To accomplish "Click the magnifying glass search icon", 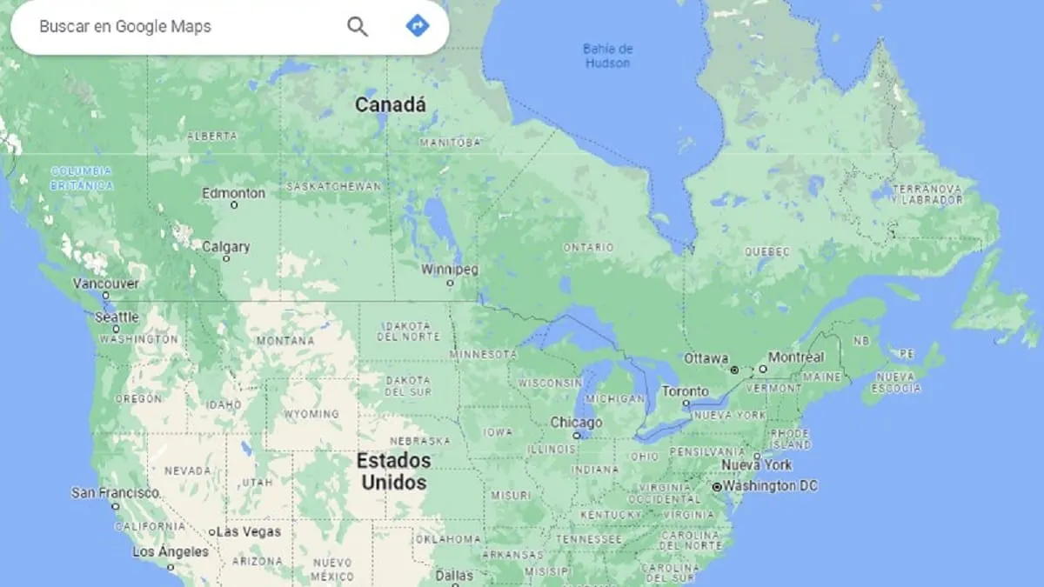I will point(358,26).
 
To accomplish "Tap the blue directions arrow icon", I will point(418,26).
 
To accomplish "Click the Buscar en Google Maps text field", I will point(174,26).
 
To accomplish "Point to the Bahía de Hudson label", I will point(607,55).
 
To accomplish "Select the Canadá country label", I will point(391,105).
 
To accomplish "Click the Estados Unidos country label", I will point(394,470).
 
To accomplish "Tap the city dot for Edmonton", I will point(233,205).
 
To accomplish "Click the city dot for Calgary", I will point(226,258).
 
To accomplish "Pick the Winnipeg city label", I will point(450,270).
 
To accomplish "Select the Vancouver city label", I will point(105,283).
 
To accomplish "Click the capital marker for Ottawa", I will point(733,370).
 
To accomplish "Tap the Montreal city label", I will point(796,357).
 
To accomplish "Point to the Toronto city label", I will point(686,391).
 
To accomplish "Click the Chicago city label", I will point(576,423).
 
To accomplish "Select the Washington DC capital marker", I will point(717,487).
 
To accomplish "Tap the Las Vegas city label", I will point(248,531).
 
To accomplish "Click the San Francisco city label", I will point(116,492).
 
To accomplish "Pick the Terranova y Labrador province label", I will point(929,194).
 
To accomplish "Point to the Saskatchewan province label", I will point(334,187).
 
